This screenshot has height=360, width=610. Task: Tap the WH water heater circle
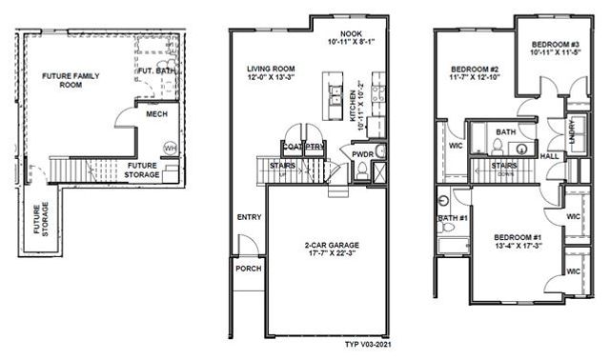(170, 148)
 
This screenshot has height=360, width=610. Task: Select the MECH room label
(156, 114)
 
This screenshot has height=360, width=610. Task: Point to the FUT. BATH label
(154, 70)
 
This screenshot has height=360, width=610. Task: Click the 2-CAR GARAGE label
(326, 245)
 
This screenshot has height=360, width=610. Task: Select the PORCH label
(248, 270)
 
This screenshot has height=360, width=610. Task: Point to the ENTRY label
(248, 218)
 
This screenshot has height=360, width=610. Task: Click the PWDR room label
(362, 153)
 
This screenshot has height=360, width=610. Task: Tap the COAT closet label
(292, 146)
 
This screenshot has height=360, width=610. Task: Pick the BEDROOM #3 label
(547, 46)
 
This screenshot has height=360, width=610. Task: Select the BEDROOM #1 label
(518, 236)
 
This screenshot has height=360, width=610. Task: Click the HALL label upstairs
(550, 156)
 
